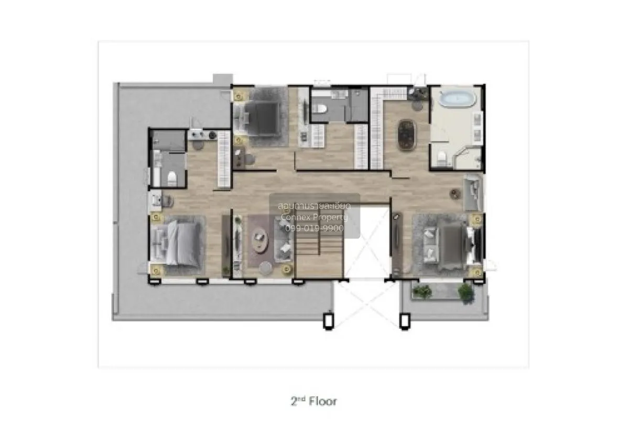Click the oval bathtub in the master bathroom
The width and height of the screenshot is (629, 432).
(455, 99)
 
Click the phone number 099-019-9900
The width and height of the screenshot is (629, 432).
(314, 228)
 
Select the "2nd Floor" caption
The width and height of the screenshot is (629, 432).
(313, 402)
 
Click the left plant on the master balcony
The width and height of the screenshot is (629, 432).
(422, 291)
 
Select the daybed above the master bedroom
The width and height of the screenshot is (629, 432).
(473, 193)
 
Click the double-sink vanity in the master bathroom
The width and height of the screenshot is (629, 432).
(478, 128)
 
